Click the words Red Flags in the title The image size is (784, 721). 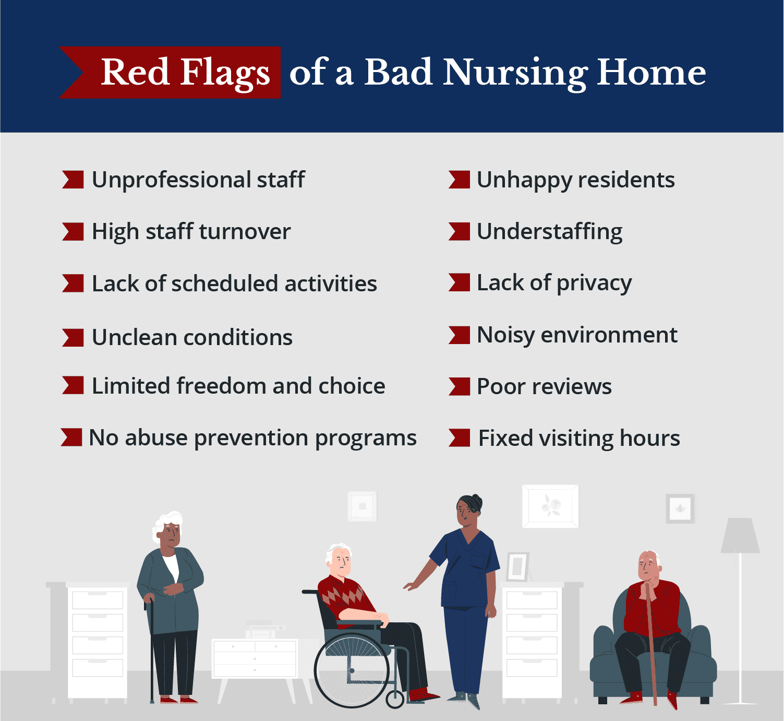coord(185,72)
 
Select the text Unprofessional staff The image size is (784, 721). coord(198,180)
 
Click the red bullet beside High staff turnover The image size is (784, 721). coord(73,231)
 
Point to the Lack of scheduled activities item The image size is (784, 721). coord(234,283)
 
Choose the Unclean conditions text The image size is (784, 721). coord(192,337)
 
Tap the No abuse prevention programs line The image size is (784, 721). coord(252,438)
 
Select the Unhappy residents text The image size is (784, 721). coord(575,180)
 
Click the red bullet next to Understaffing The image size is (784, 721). coord(459,231)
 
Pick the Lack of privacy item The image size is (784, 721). coord(554,283)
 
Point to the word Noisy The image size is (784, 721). coord(505,335)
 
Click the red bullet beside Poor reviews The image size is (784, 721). coord(459,387)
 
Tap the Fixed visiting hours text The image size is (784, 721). coord(579,438)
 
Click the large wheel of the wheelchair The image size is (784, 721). coord(352,670)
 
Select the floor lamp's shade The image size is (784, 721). coord(740,536)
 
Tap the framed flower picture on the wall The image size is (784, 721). coord(550,506)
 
